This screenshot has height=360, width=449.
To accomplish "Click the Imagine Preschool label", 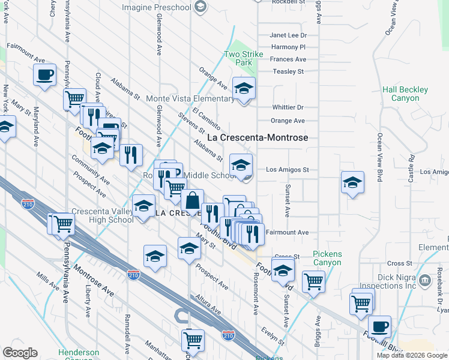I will point(156,7).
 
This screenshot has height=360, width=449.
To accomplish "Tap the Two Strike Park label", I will point(244,58).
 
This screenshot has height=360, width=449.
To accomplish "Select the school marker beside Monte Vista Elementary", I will point(244,89).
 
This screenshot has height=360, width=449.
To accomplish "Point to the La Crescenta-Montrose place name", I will point(258,137).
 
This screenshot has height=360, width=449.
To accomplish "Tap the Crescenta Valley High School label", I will point(103,215).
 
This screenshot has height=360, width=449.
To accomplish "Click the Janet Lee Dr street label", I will point(288,35).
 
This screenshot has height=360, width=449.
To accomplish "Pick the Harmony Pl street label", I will point(288,47).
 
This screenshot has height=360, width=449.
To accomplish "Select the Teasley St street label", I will point(288,71).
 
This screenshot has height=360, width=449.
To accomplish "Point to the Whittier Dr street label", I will point(288,107).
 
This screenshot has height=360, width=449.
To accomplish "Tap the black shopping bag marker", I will point(193,202).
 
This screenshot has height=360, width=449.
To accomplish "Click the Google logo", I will point(20,353).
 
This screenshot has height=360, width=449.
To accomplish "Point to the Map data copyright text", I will point(411,355).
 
